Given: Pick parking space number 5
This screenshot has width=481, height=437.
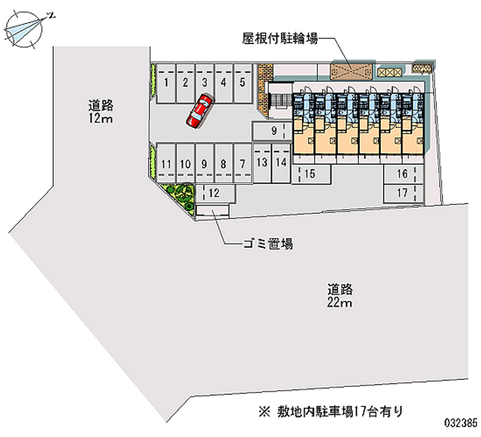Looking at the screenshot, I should tap(242, 83).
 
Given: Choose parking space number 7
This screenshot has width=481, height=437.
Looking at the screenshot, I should tap(242, 163).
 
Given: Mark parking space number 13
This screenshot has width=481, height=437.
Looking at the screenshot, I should tap(262, 162).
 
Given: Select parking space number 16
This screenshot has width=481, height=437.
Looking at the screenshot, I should tap(402, 174).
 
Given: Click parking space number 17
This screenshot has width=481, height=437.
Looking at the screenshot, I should tap(402, 193).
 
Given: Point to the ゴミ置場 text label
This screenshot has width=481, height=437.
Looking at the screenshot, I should tap(268, 244).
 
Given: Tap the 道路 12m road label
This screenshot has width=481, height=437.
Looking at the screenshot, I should tap(100, 112).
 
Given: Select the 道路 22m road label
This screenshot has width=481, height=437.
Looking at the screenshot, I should tap(340, 295).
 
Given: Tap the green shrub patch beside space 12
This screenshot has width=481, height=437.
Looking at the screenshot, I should tap(180, 195).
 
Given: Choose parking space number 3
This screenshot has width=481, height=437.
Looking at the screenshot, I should tap(204, 83).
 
